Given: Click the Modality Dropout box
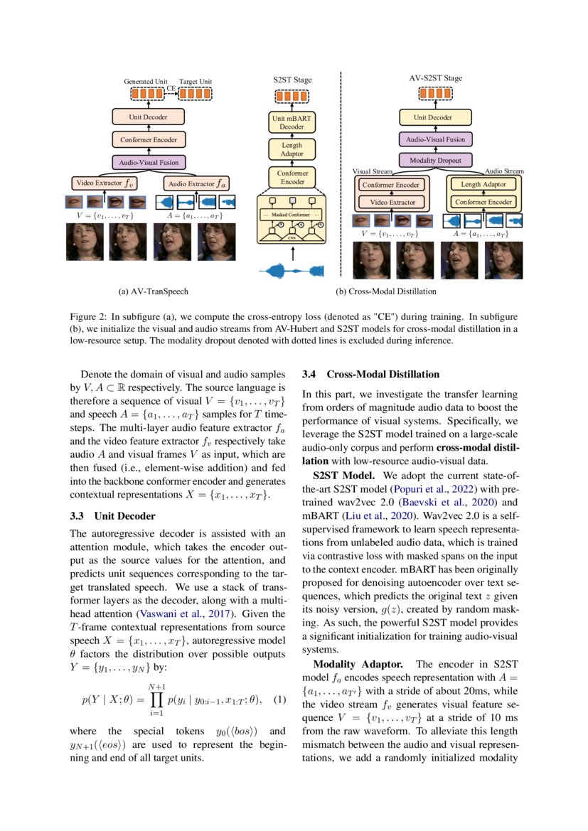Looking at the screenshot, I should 435,161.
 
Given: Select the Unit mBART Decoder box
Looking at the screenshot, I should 292,123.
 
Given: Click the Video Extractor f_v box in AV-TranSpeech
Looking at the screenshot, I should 105,183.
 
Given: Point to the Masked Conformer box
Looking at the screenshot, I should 292,214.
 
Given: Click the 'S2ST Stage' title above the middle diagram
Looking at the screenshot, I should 292,80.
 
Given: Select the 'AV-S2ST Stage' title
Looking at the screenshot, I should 435,77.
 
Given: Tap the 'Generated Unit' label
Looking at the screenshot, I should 145,82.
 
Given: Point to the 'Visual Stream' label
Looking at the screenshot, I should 372,172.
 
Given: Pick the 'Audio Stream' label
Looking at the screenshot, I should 503,171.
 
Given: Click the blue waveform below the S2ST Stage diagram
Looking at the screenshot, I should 292,270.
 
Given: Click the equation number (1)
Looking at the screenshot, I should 279,699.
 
